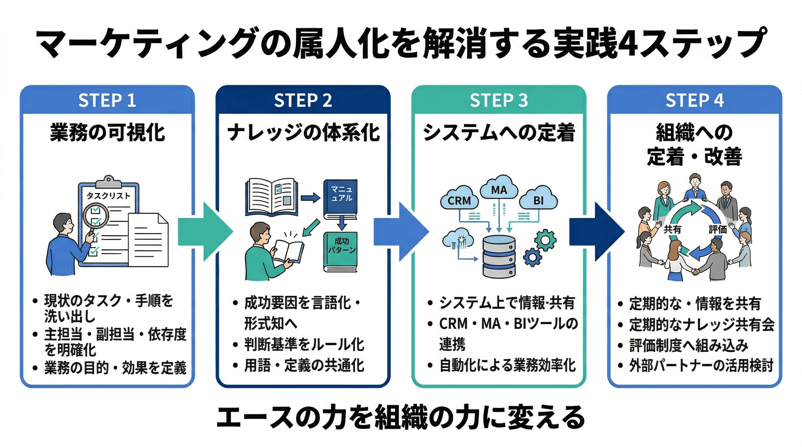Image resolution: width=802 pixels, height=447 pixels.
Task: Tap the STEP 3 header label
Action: [x=498, y=100]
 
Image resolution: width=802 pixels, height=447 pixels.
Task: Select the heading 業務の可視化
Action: [x=108, y=133]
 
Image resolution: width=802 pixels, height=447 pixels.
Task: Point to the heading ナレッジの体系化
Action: [x=303, y=133]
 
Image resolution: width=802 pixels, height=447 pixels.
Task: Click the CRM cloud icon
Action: [x=459, y=199]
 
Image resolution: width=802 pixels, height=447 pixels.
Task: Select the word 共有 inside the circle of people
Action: [x=672, y=229]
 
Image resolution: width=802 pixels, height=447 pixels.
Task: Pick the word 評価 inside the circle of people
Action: [x=717, y=229]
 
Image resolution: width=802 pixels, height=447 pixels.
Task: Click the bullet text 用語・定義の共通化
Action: [x=304, y=365]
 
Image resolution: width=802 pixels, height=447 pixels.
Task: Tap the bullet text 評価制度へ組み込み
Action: [x=689, y=345]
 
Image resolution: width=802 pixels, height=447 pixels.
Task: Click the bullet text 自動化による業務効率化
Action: [x=507, y=365]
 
